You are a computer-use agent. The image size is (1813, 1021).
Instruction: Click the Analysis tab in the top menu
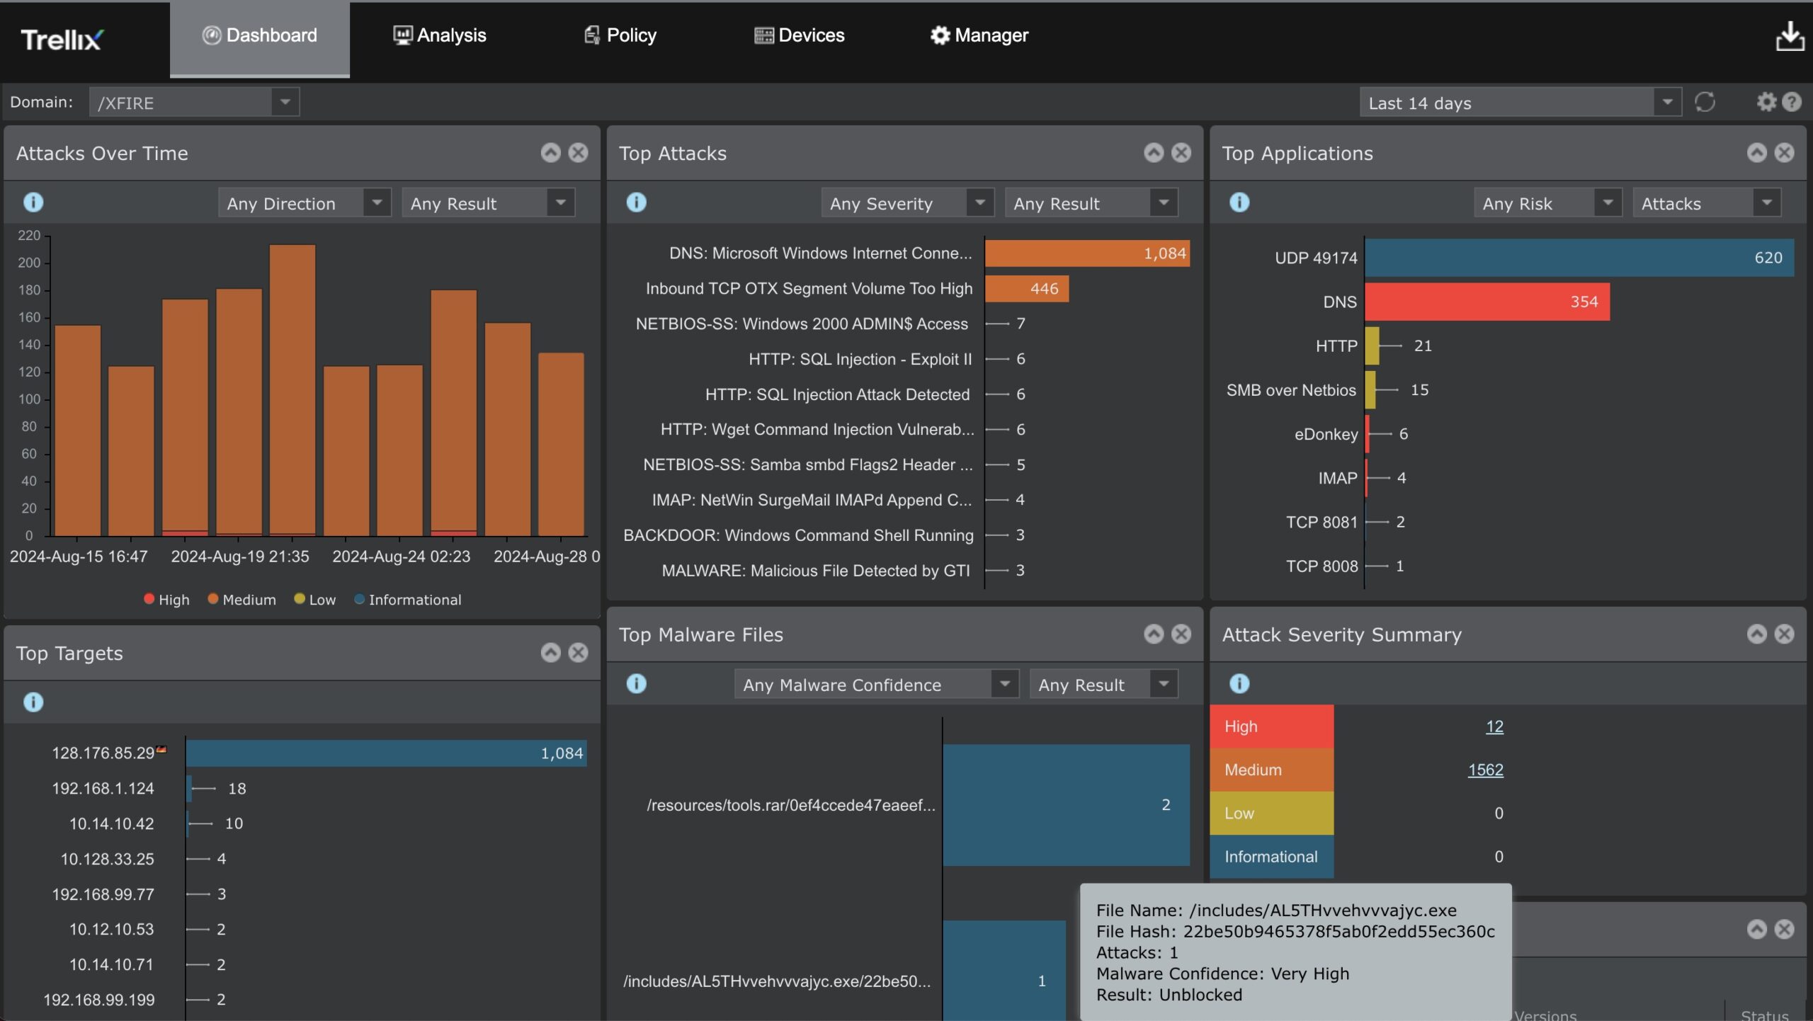(440, 35)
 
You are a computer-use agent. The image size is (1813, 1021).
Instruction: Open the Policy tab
(620, 35)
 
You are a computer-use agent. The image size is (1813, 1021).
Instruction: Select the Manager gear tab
(979, 35)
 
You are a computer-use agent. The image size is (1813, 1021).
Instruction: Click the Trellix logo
(62, 40)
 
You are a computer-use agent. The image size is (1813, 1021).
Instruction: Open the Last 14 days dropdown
(1520, 103)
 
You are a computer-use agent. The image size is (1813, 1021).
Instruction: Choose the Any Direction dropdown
(305, 203)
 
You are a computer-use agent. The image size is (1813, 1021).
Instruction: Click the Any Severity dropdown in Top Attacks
(907, 203)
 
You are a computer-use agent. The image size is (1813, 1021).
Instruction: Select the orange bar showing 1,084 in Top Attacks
(1086, 253)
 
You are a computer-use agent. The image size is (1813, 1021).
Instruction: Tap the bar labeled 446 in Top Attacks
(1026, 289)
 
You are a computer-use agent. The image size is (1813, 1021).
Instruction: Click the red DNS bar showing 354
(1487, 302)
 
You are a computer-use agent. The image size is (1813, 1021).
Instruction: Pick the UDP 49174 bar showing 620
(1579, 258)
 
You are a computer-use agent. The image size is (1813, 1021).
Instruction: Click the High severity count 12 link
(1494, 726)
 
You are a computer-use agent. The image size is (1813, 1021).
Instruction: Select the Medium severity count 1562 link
(1485, 770)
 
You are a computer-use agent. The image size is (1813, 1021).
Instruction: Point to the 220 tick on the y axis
(29, 235)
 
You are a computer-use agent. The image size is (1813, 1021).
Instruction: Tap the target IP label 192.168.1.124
(103, 788)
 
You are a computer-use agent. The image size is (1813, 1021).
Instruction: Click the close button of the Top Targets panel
(579, 653)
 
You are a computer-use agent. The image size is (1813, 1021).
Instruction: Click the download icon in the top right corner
(1790, 37)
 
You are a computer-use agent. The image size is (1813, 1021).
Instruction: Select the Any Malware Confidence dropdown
(876, 685)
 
